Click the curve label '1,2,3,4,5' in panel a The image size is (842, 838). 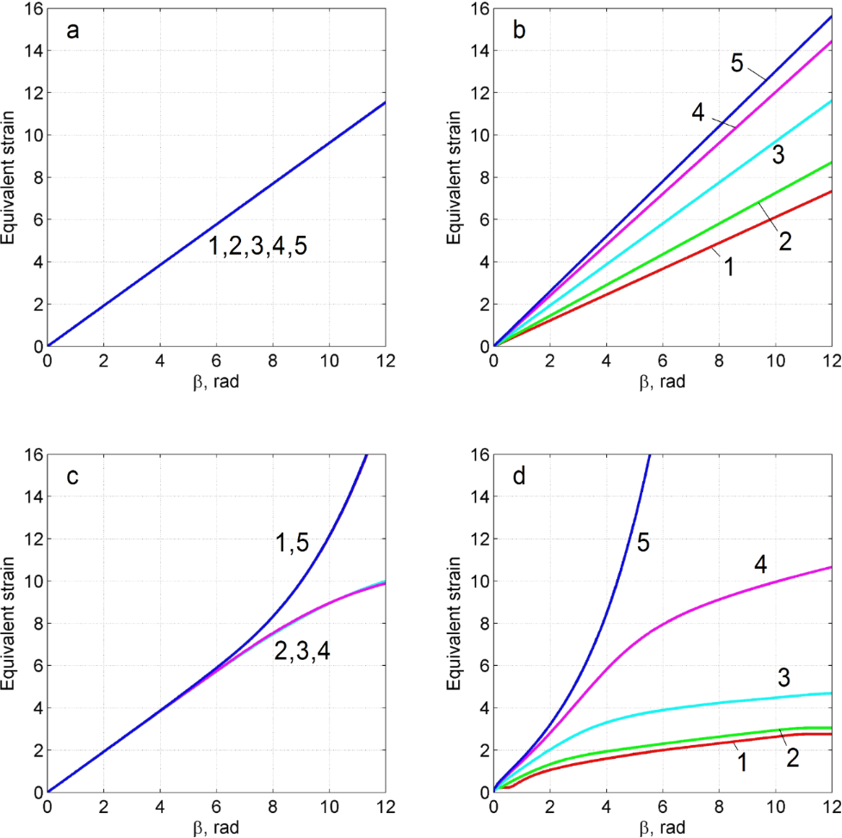(257, 246)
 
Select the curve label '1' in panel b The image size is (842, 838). (729, 268)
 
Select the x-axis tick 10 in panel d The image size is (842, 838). (775, 809)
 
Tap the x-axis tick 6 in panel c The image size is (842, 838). (216, 809)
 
